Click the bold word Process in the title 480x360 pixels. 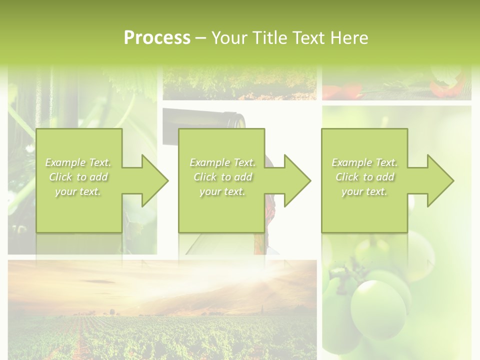pyautogui.click(x=157, y=38)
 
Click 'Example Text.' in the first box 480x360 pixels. pyautogui.click(x=78, y=162)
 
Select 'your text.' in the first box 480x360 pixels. pyautogui.click(x=78, y=191)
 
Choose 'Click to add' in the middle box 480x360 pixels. pyautogui.click(x=222, y=177)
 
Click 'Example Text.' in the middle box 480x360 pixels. pyautogui.click(x=222, y=162)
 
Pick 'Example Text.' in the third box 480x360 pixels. pyautogui.click(x=364, y=162)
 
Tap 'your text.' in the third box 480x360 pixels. pyautogui.click(x=364, y=191)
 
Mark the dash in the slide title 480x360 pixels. pyautogui.click(x=201, y=38)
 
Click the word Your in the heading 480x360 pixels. pyautogui.click(x=230, y=38)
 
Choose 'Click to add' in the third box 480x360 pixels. pyautogui.click(x=364, y=177)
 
